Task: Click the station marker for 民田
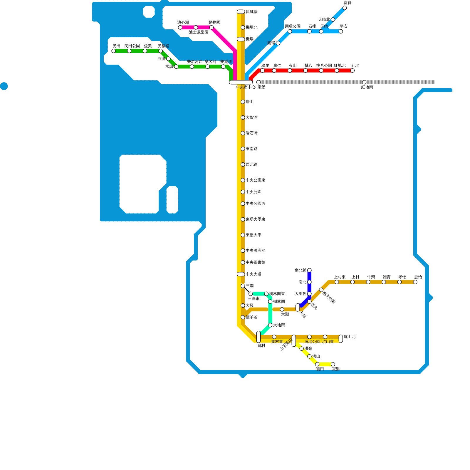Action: pyautogui.click(x=113, y=51)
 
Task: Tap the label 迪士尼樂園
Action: pyautogui.click(x=199, y=32)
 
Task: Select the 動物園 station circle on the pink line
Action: pyautogui.click(x=211, y=28)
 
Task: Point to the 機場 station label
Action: pyautogui.click(x=250, y=39)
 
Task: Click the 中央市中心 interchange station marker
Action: pyautogui.click(x=241, y=82)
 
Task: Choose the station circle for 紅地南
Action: pyautogui.click(x=364, y=82)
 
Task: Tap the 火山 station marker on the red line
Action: pyautogui.click(x=290, y=70)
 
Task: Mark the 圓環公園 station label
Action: pyautogui.click(x=293, y=26)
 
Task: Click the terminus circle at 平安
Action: pyautogui.click(x=341, y=31)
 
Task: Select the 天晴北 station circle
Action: pyautogui.click(x=333, y=20)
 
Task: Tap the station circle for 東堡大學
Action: pyautogui.click(x=243, y=235)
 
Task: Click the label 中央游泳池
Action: pyautogui.click(x=256, y=251)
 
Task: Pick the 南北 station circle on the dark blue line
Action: pyautogui.click(x=309, y=282)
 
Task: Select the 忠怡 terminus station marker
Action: pyautogui.click(x=415, y=282)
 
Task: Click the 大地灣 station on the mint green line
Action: pyautogui.click(x=270, y=325)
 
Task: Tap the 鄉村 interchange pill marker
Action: pyautogui.click(x=258, y=337)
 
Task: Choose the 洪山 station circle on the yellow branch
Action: pyautogui.click(x=309, y=356)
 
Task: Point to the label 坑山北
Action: pyautogui.click(x=350, y=337)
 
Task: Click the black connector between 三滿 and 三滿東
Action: pyautogui.click(x=247, y=290)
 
